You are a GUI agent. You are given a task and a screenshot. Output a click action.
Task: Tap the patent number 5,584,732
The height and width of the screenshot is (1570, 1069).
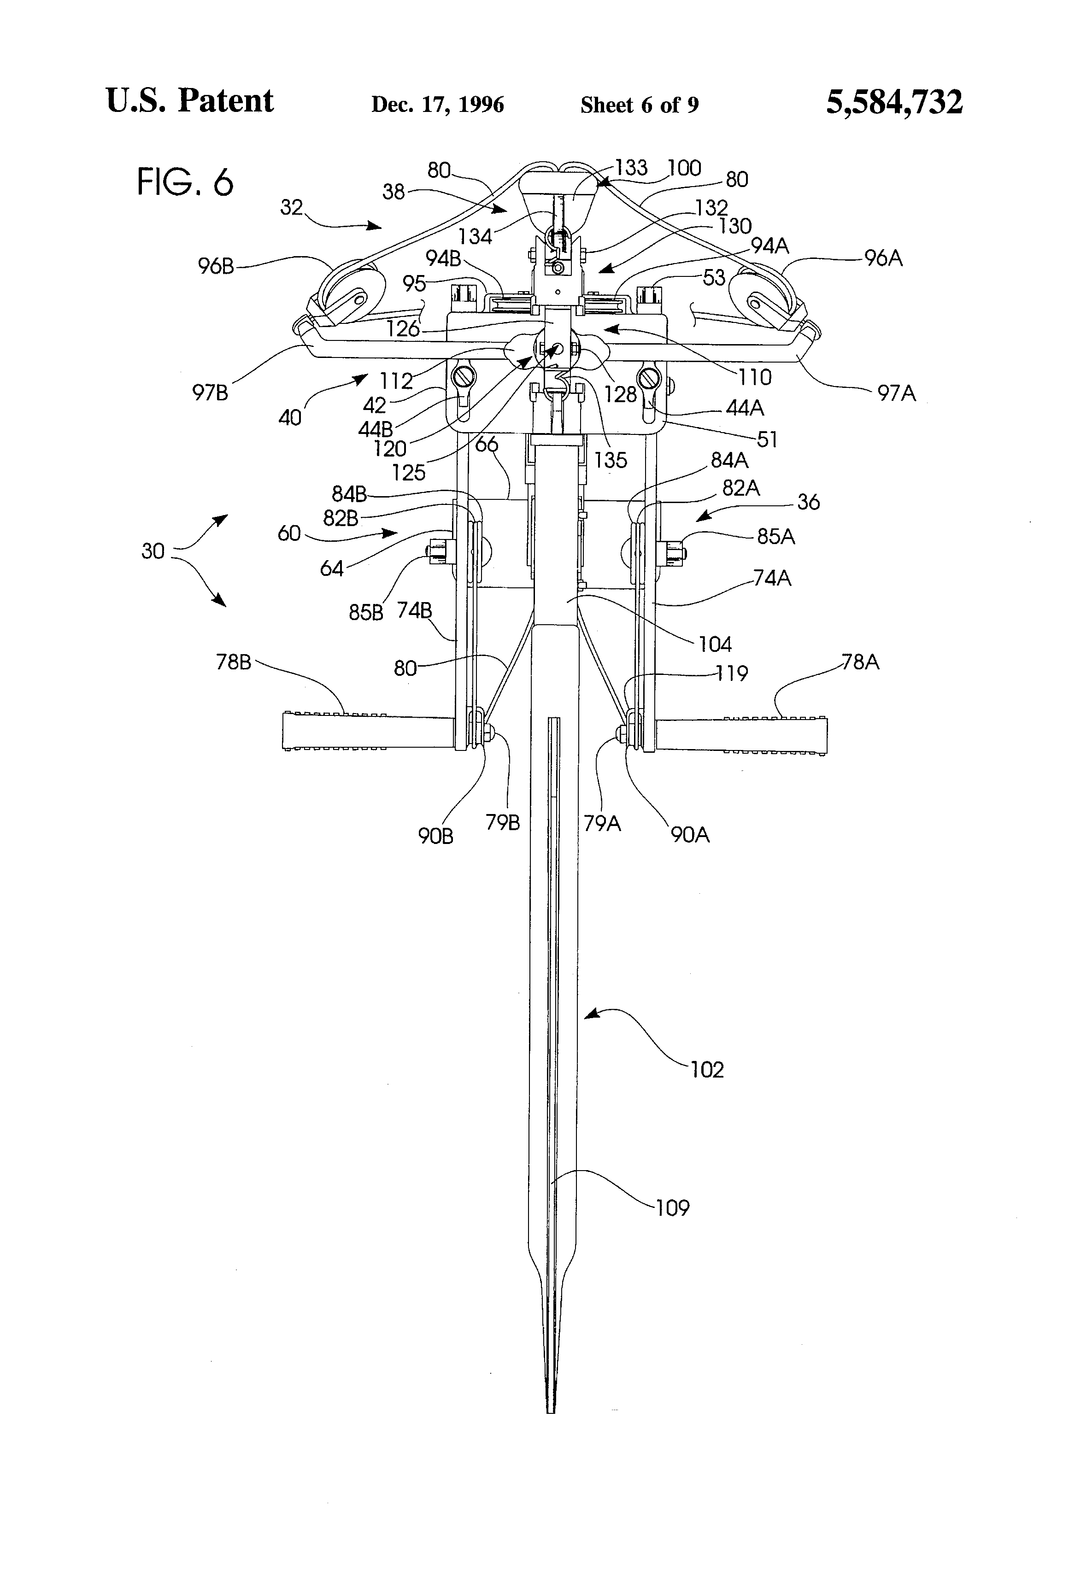(894, 103)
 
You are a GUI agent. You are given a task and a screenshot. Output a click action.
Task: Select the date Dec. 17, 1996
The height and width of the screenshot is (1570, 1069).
(437, 105)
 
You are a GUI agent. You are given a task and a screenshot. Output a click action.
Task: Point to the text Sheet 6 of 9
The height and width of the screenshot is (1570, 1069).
(639, 105)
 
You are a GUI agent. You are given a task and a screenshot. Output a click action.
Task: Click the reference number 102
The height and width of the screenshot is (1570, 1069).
(707, 1069)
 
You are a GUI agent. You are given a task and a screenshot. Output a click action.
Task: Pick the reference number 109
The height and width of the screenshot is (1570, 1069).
(672, 1207)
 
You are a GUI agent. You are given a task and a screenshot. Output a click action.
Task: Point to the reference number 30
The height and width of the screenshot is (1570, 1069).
(153, 551)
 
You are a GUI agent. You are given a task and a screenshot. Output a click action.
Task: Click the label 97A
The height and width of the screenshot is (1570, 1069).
(897, 392)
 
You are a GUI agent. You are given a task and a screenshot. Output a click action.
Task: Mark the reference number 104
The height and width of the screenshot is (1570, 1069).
(716, 644)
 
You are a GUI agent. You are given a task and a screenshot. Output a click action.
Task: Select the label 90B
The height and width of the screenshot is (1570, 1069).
(435, 836)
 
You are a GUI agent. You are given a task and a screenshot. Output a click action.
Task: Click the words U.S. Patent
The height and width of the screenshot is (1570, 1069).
(190, 101)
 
